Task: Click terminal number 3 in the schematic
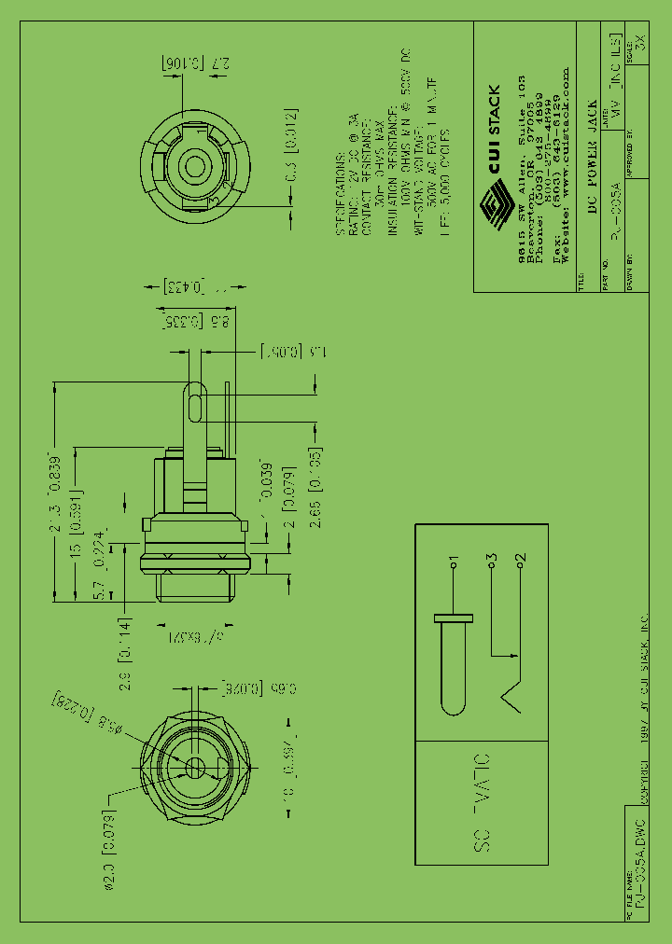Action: point(490,562)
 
